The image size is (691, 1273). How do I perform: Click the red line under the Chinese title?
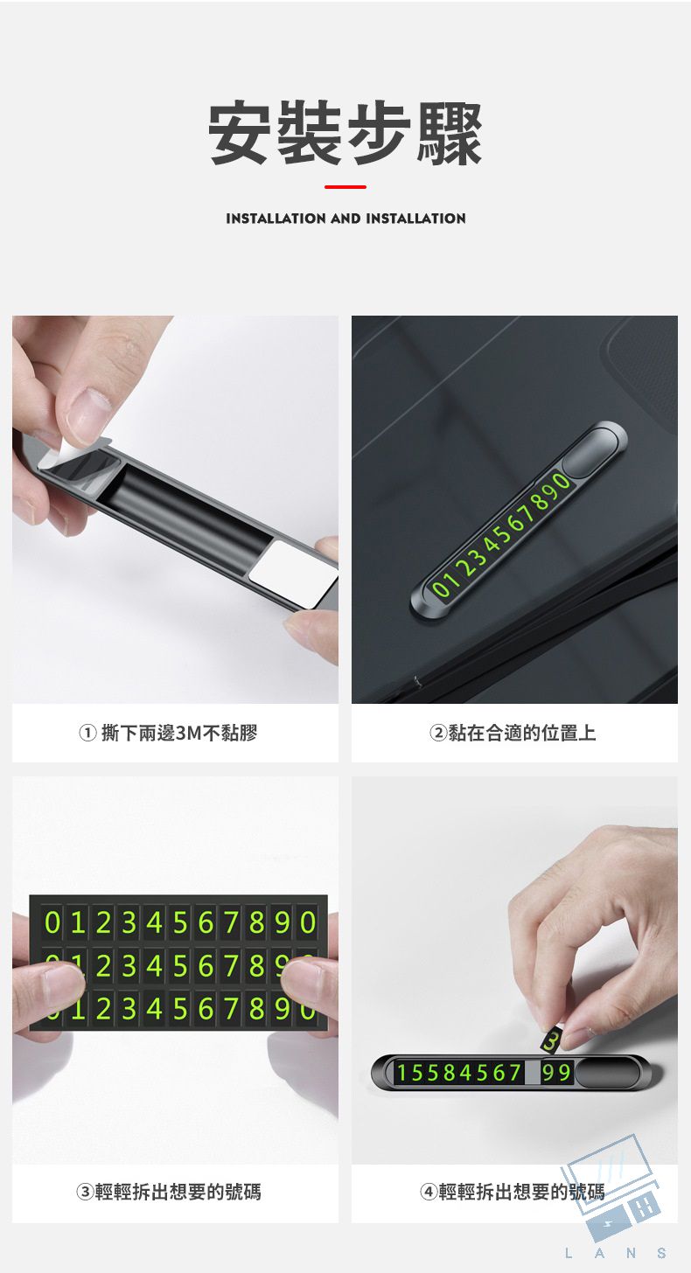pos(345,186)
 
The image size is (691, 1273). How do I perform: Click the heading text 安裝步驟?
pos(345,134)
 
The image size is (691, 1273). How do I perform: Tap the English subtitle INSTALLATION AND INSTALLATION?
pos(345,219)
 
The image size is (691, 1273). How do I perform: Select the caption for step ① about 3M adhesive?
pos(168,733)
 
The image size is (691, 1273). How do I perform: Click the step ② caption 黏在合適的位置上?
pos(513,733)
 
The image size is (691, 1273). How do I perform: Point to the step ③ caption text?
pos(169,1191)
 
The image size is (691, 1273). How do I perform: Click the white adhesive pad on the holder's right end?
pos(294,574)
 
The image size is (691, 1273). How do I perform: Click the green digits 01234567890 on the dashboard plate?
pos(500,535)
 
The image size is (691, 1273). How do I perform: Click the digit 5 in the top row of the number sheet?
pos(179,922)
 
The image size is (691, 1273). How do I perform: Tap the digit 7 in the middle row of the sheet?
pos(231,965)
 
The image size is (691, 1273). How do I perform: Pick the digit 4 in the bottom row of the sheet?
pos(154,1009)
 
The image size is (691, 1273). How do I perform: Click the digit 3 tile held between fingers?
pos(550,1040)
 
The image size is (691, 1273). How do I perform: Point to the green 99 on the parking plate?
pos(556,1072)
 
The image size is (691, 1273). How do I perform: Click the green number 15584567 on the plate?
pos(459,1073)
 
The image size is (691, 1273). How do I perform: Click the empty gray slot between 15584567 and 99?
pos(532,1073)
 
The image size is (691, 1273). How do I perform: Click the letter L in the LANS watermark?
pos(569,1253)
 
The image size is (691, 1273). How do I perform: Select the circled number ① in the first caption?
pos(87,733)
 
